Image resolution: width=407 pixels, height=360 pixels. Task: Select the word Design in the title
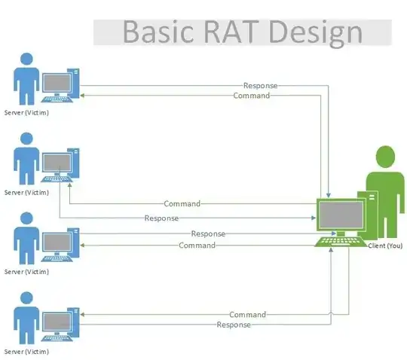[316, 32]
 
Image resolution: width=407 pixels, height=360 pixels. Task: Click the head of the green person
[385, 157]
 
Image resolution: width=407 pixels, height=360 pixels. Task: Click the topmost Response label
[260, 86]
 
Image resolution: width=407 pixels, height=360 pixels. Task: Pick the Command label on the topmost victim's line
[252, 96]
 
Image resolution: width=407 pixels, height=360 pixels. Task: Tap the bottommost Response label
[233, 325]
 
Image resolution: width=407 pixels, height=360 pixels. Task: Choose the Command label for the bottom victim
[247, 314]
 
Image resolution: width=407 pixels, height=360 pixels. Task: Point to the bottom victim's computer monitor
[56, 319]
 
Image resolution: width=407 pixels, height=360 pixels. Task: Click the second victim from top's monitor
[56, 161]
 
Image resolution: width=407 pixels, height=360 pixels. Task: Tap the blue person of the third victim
[26, 237]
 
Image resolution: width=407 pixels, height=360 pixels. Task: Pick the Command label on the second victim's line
[182, 203]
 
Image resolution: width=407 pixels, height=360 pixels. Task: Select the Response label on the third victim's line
[209, 234]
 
